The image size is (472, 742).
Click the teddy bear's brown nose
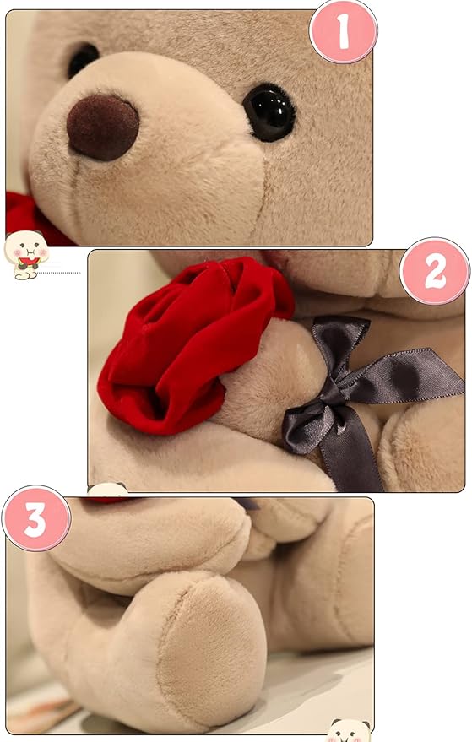(x=103, y=127)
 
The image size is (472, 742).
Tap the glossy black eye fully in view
(x=269, y=112)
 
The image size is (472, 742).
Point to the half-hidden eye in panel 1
(x=83, y=59)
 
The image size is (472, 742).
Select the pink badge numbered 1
(x=343, y=31)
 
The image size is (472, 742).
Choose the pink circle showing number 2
(x=435, y=271)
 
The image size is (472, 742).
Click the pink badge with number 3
(x=36, y=518)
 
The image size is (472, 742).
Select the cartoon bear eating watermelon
(x=26, y=254)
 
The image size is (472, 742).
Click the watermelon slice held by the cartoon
(x=30, y=261)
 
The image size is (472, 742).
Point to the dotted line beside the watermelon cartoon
(x=59, y=273)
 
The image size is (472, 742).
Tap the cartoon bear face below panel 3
(x=349, y=730)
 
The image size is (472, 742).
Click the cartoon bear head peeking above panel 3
(x=107, y=490)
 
